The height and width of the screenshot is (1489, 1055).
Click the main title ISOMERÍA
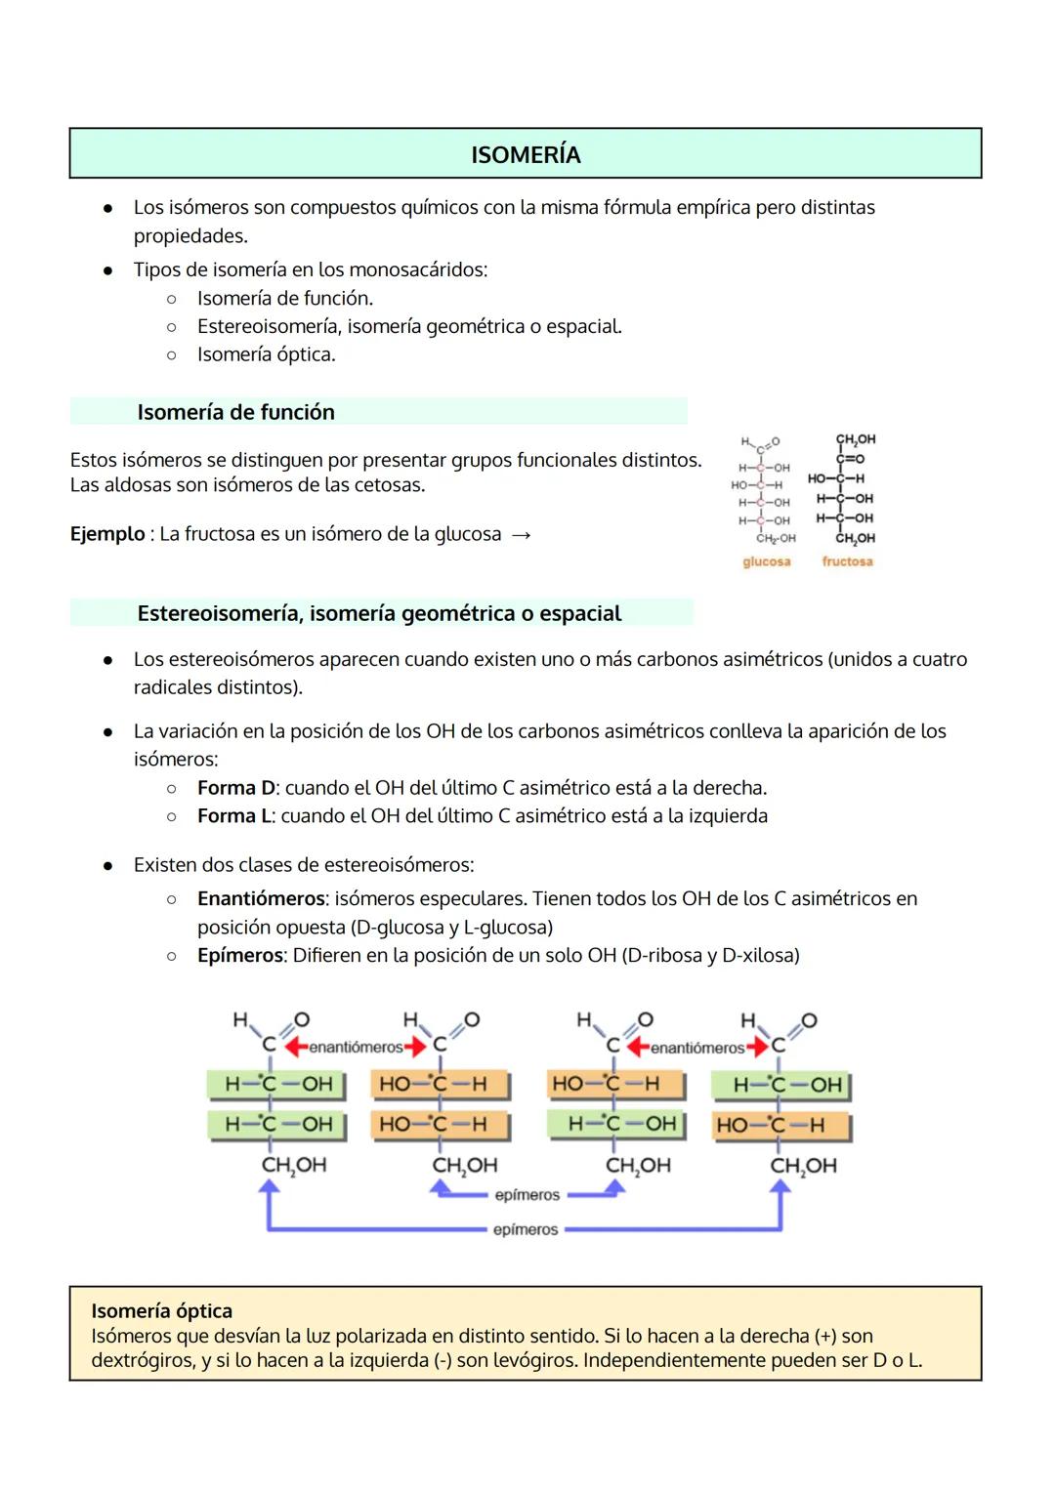click(x=526, y=154)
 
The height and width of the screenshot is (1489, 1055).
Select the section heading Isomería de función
click(x=235, y=412)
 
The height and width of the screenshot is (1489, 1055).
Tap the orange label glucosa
click(x=766, y=561)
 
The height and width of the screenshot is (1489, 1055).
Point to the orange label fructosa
click(x=847, y=561)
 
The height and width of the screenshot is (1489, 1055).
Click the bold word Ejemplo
click(x=107, y=534)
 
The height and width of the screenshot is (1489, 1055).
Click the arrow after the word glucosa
click(x=522, y=535)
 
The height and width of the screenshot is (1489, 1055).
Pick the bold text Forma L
click(x=233, y=816)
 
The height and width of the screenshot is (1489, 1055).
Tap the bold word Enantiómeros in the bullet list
click(x=261, y=898)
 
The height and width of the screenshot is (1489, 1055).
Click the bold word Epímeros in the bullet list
click(x=239, y=955)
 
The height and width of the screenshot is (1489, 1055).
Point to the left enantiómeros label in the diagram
click(x=356, y=1048)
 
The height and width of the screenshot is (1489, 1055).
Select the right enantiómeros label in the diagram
click(x=697, y=1048)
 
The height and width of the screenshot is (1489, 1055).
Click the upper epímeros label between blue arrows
click(x=527, y=1195)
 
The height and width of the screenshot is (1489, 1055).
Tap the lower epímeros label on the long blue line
click(x=526, y=1230)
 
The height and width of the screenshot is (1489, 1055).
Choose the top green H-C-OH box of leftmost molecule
click(x=277, y=1084)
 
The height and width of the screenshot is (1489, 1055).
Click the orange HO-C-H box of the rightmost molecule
click(x=780, y=1125)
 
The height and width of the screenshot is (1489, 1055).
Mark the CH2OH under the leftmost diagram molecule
click(x=293, y=1165)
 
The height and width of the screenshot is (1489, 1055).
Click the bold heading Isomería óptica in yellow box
click(x=161, y=1311)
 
